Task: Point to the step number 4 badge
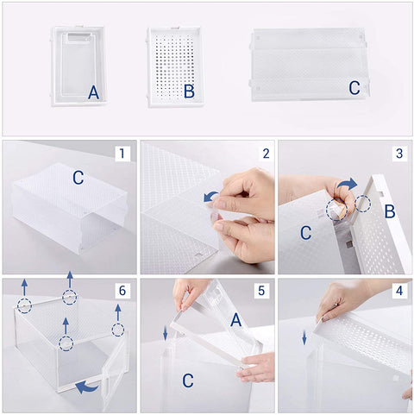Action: coord(399,291)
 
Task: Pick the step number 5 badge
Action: coord(261,291)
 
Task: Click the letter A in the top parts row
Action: coord(93,91)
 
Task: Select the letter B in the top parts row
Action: coord(188,91)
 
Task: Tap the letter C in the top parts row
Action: coord(354,88)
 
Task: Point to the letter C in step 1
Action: coord(78,179)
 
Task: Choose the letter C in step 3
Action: coord(305,233)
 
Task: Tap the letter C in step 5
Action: coord(187,380)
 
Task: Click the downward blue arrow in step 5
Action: coord(166,333)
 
